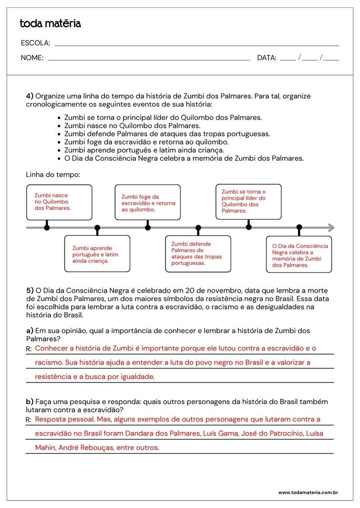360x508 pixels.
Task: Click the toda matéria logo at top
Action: (x=50, y=24)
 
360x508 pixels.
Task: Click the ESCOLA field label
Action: (x=35, y=43)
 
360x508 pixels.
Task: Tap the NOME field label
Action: (x=32, y=58)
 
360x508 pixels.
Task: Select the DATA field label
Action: (x=266, y=58)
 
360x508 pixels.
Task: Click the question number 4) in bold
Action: (x=30, y=96)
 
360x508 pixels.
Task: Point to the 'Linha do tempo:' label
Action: (x=53, y=174)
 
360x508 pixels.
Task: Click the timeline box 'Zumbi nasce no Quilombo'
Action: (x=59, y=202)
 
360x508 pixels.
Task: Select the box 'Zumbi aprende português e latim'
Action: (x=97, y=254)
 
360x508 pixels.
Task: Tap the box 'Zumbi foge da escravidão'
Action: (x=148, y=202)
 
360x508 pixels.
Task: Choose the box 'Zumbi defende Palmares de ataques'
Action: (x=198, y=254)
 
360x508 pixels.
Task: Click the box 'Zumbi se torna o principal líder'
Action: (x=249, y=201)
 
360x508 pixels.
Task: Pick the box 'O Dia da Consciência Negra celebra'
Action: (x=299, y=255)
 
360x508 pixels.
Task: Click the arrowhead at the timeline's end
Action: (x=331, y=227)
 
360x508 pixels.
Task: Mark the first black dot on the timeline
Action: (x=47, y=227)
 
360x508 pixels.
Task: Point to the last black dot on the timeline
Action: (x=299, y=227)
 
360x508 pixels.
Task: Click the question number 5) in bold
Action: (x=30, y=290)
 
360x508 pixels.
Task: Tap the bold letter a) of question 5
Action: (x=30, y=331)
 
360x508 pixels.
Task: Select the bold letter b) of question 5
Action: (x=30, y=402)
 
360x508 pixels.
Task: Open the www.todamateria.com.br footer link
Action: (x=307, y=493)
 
